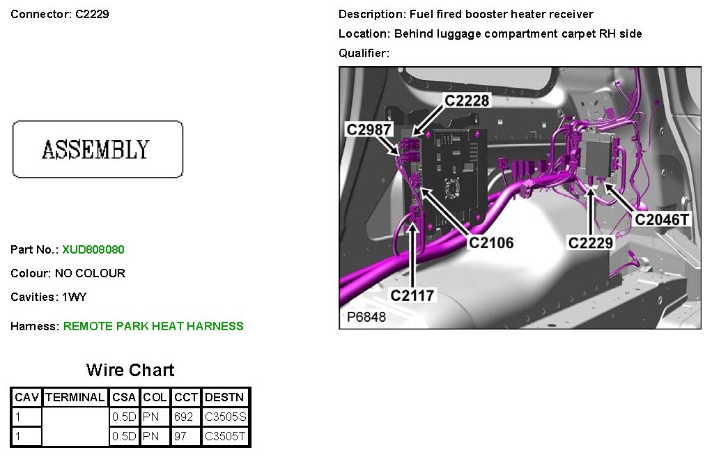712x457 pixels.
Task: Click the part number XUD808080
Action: (x=93, y=249)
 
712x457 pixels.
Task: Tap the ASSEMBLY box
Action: (x=98, y=149)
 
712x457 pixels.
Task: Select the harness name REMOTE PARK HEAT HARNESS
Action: (x=153, y=326)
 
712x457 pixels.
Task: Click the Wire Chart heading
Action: (x=130, y=370)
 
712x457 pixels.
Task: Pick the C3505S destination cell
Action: (x=226, y=417)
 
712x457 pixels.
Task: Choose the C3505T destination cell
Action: (x=226, y=437)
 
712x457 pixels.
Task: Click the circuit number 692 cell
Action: (x=183, y=417)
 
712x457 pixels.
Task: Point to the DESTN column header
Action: (x=225, y=398)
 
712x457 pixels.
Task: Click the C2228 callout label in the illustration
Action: (x=467, y=101)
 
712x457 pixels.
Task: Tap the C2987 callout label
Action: (x=369, y=130)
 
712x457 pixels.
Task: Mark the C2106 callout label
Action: (x=491, y=242)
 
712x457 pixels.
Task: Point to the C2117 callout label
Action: (x=412, y=295)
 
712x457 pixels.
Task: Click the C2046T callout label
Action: (x=662, y=220)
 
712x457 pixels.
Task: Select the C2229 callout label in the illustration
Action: (x=591, y=242)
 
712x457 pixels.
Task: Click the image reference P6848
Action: (x=366, y=317)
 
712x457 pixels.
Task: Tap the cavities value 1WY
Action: (x=75, y=297)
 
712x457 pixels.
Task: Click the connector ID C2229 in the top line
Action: (x=92, y=14)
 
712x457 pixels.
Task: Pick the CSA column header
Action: (x=124, y=398)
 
